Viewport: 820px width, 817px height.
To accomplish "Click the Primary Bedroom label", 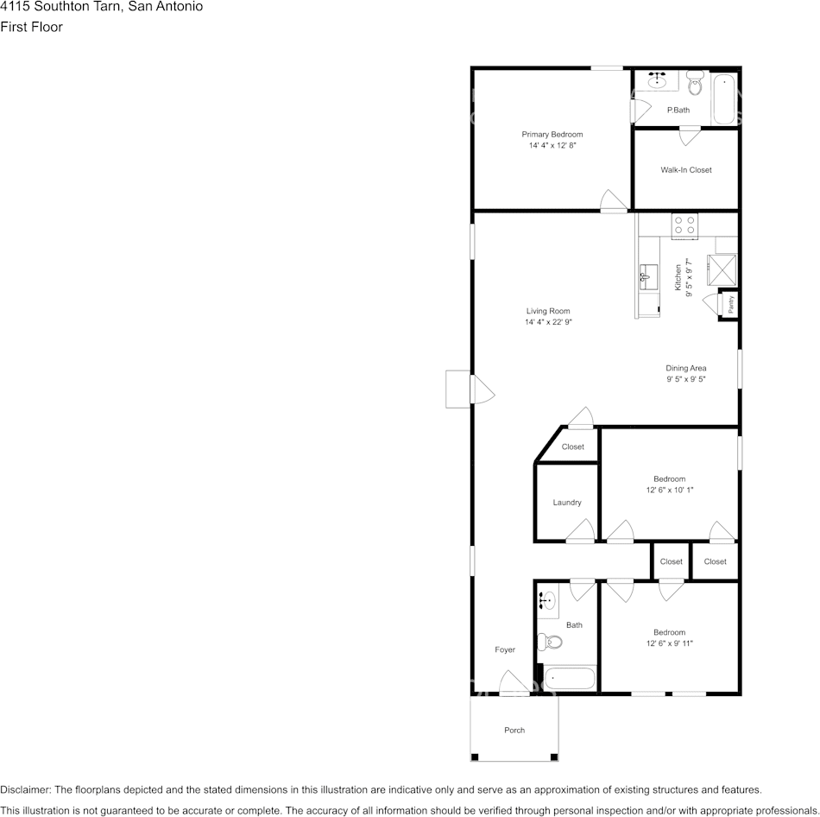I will (x=552, y=135).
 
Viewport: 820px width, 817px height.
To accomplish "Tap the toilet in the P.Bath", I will (x=696, y=84).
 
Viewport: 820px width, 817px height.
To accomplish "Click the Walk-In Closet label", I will (x=686, y=170).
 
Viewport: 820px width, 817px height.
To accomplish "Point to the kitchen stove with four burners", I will (x=685, y=225).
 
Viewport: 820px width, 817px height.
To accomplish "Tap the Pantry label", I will (x=730, y=304).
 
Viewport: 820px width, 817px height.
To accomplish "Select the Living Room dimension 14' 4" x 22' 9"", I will (x=548, y=322).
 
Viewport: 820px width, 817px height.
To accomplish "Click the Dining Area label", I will (x=686, y=368).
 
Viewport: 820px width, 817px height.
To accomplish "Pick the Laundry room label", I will (x=567, y=503).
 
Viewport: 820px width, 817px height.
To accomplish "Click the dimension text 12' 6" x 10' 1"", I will (x=670, y=490).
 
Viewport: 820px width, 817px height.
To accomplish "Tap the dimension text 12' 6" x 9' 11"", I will (x=670, y=643).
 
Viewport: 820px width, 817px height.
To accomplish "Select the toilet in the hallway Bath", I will (x=549, y=642).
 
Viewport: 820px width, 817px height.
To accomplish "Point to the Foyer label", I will (x=505, y=650).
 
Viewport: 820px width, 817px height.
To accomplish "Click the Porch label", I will (x=514, y=731).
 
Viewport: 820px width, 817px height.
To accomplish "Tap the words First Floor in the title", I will (x=31, y=27).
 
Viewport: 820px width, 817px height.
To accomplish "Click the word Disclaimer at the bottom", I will (x=25, y=789).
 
